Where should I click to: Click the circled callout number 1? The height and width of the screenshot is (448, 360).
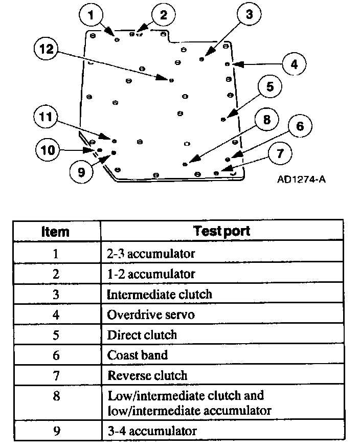pyautogui.click(x=91, y=16)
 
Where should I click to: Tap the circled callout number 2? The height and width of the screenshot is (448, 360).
pyautogui.click(x=163, y=15)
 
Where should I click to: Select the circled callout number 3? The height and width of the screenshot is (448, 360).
pyautogui.click(x=249, y=15)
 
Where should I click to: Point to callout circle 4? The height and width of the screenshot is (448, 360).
pyautogui.click(x=294, y=64)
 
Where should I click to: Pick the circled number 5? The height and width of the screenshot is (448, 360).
pyautogui.click(x=270, y=87)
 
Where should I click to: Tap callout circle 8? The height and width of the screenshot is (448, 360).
pyautogui.click(x=266, y=121)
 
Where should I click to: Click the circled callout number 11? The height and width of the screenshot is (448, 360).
pyautogui.click(x=47, y=117)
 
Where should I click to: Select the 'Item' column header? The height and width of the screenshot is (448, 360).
pyautogui.click(x=55, y=231)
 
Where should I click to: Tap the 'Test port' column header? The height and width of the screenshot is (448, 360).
pyautogui.click(x=222, y=231)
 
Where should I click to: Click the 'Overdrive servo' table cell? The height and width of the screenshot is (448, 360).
pyautogui.click(x=151, y=314)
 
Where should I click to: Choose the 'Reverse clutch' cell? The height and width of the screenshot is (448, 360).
pyautogui.click(x=147, y=375)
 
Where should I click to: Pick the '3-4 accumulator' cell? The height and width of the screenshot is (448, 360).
pyautogui.click(x=151, y=431)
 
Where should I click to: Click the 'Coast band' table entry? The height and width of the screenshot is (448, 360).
pyautogui.click(x=138, y=355)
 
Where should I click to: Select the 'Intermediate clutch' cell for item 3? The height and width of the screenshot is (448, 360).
pyautogui.click(x=159, y=294)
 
